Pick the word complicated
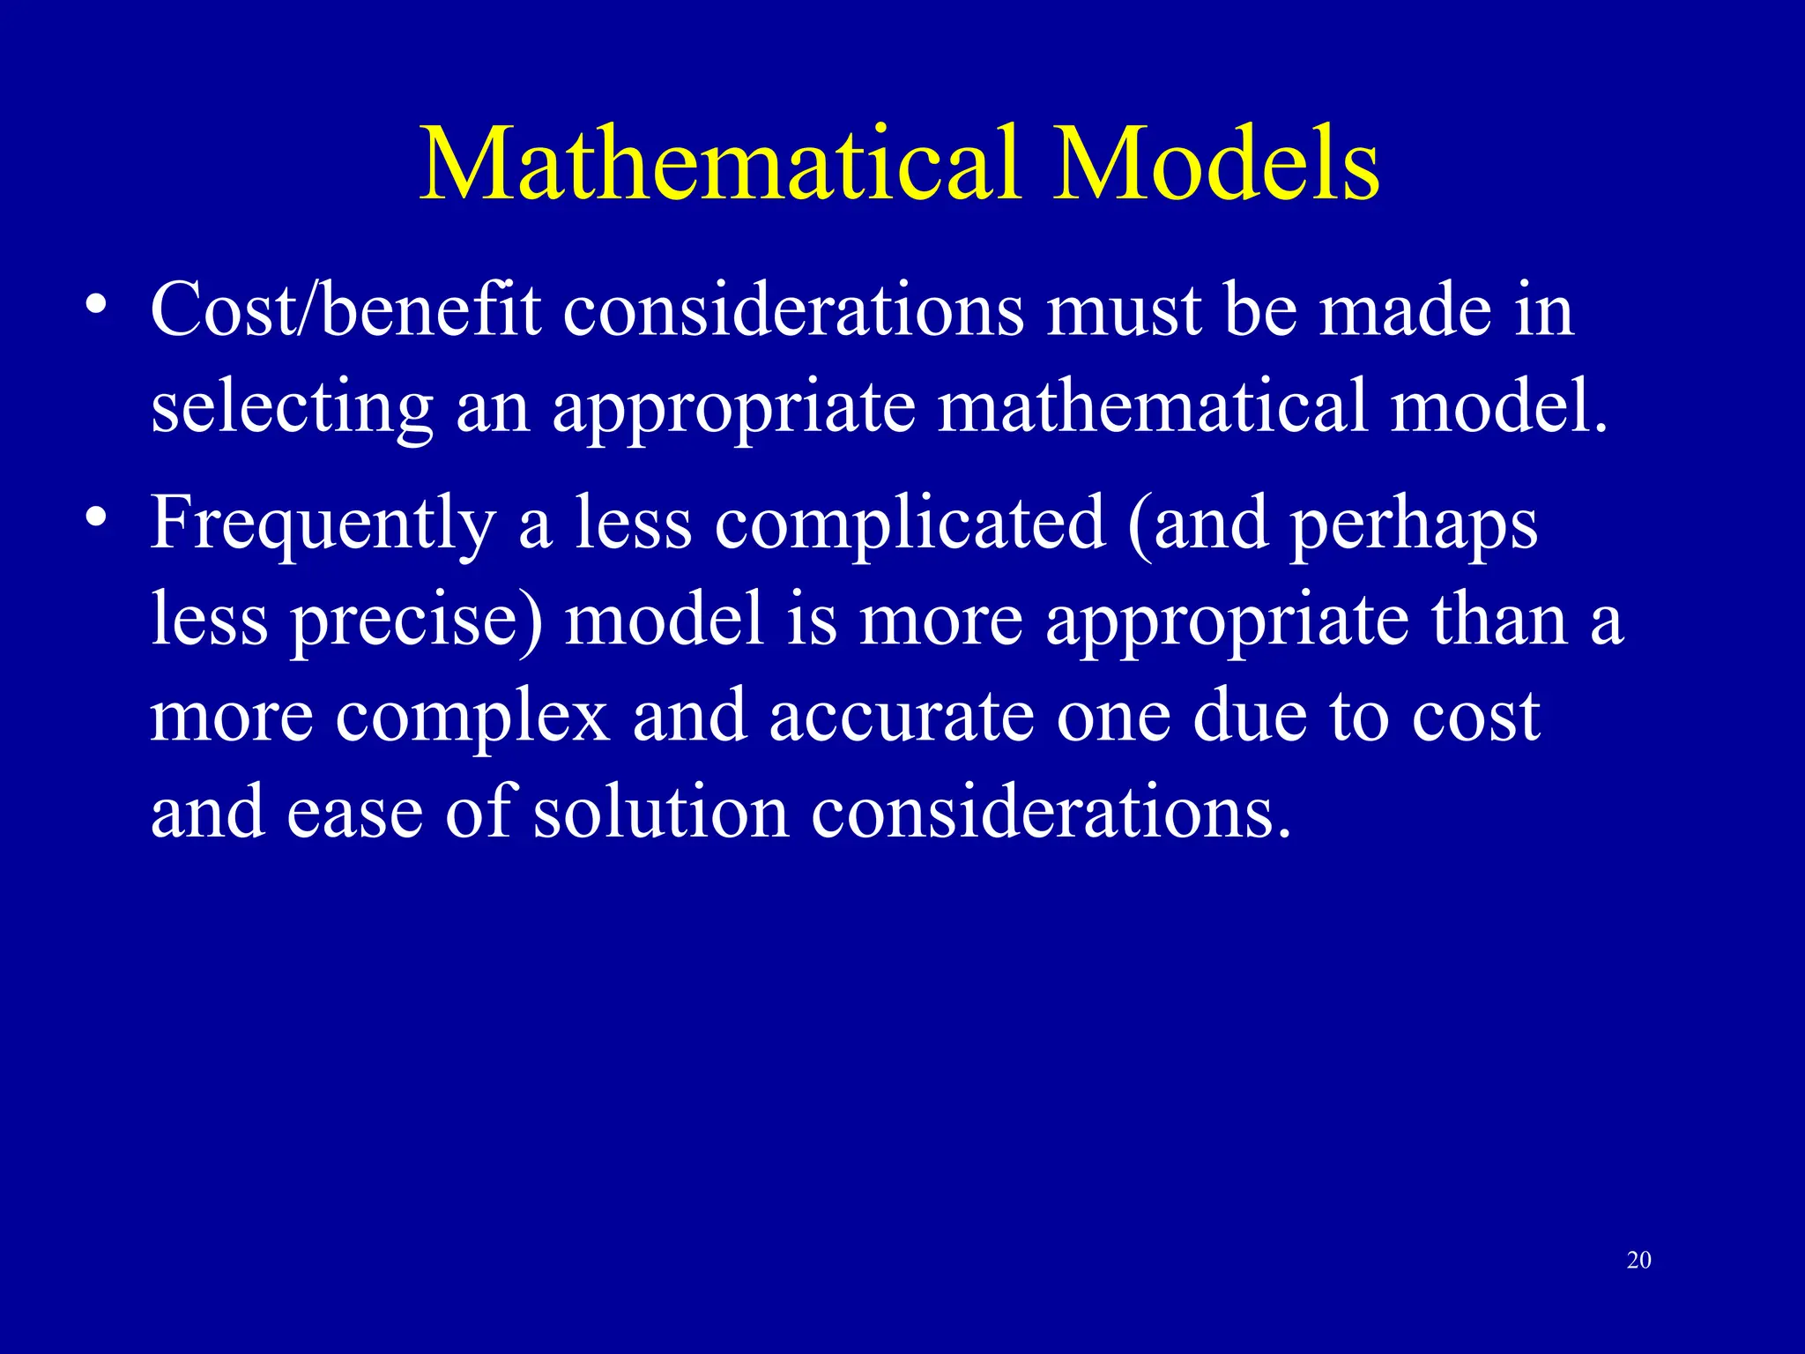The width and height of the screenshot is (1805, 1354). click(x=910, y=525)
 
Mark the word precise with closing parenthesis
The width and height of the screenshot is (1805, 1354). click(x=417, y=622)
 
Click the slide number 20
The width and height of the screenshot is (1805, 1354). click(x=1638, y=1261)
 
